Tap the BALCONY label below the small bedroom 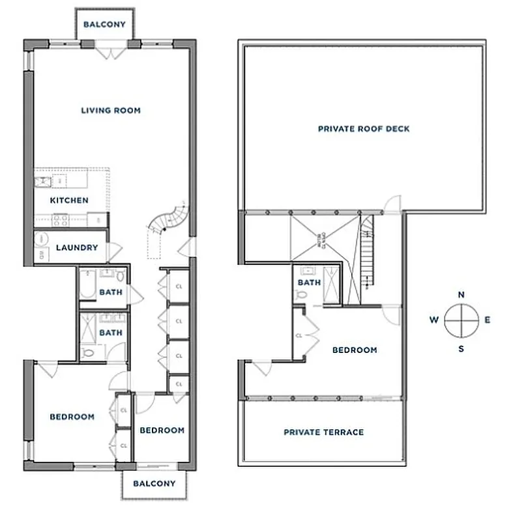(154, 483)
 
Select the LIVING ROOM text (111, 110)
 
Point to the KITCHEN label (69, 200)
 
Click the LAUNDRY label (77, 247)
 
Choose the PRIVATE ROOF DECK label (364, 129)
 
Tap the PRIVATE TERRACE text (323, 432)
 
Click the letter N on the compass (462, 295)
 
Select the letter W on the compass (433, 320)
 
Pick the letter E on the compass (488, 320)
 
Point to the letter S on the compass (462, 348)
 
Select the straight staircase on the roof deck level (367, 254)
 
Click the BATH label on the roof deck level (309, 283)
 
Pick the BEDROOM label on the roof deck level (355, 350)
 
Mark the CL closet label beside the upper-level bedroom (299, 336)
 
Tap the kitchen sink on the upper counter (44, 180)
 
